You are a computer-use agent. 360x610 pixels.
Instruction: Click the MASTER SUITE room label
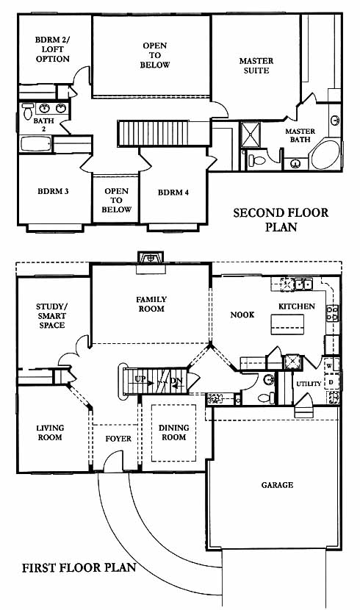pyautogui.click(x=256, y=65)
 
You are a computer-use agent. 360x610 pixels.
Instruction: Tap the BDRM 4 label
pyautogui.click(x=173, y=192)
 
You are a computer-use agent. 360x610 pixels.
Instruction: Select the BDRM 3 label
pyautogui.click(x=53, y=191)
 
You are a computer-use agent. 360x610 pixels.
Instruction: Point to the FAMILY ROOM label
pyautogui.click(x=151, y=304)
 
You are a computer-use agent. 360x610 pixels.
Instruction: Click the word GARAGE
pyautogui.click(x=277, y=485)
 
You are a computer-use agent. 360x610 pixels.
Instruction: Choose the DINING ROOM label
pyautogui.click(x=174, y=432)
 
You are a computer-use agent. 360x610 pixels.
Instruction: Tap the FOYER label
pyautogui.click(x=118, y=439)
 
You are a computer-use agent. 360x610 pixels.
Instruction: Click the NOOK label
pyautogui.click(x=242, y=315)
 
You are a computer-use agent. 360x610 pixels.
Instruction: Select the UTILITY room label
pyautogui.click(x=309, y=384)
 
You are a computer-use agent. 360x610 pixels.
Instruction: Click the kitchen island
pyautogui.click(x=287, y=324)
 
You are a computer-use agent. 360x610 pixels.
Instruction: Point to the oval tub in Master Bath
pyautogui.click(x=325, y=154)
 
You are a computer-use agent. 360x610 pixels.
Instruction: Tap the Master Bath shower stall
pyautogui.click(x=250, y=134)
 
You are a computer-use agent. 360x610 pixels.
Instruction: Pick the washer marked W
pyautogui.click(x=329, y=366)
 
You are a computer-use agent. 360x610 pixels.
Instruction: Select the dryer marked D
pyautogui.click(x=331, y=381)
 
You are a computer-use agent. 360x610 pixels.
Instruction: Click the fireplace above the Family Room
pyautogui.click(x=151, y=257)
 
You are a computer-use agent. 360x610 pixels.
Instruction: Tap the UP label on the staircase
pyautogui.click(x=140, y=378)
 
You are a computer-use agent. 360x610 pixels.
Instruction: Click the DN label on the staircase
pyautogui.click(x=176, y=381)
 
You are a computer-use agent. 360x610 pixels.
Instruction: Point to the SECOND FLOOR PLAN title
pyautogui.click(x=281, y=220)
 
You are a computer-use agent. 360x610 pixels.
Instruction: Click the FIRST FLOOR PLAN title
pyautogui.click(x=79, y=567)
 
